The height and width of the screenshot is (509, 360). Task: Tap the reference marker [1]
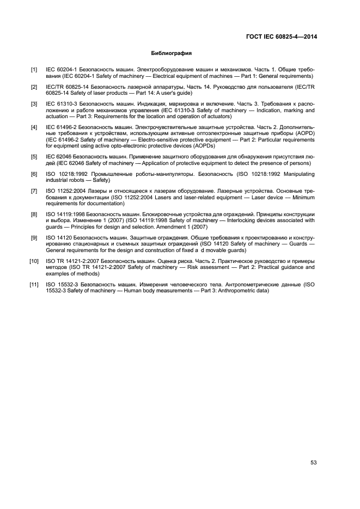[34, 70]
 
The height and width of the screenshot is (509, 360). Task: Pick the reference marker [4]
[34, 127]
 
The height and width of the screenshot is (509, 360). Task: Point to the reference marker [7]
[34, 191]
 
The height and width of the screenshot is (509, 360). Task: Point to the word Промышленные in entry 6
[96, 174]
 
